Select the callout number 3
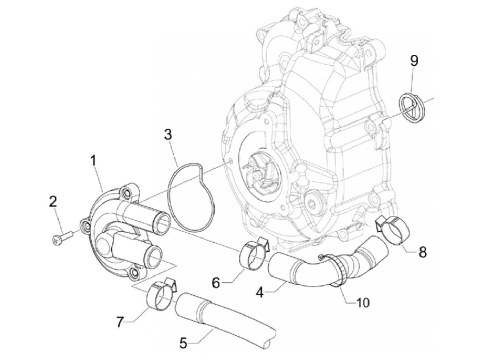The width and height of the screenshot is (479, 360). click(x=168, y=134)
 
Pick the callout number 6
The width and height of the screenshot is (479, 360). click(x=216, y=283)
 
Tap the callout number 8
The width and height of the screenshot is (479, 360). click(x=422, y=253)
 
